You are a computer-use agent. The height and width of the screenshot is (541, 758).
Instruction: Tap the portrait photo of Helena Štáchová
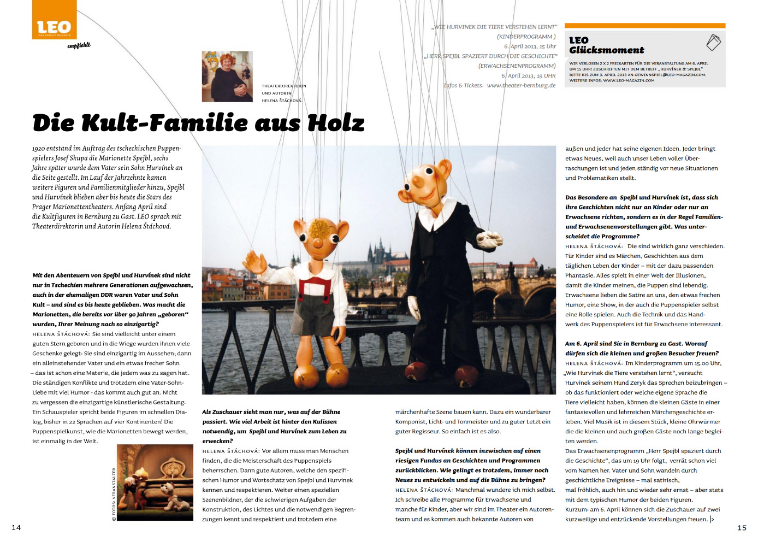(x=227, y=77)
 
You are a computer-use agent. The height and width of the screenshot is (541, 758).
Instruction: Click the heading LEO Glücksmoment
(x=606, y=45)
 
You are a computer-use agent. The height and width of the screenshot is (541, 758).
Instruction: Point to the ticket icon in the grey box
(x=713, y=42)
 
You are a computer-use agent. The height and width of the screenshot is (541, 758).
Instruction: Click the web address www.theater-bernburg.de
(x=521, y=85)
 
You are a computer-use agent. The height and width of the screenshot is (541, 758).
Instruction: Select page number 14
(x=16, y=527)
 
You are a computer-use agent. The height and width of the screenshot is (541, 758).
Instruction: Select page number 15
(x=742, y=527)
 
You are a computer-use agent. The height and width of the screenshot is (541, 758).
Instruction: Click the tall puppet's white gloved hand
(x=490, y=238)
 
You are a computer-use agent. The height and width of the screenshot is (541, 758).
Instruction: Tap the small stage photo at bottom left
(x=155, y=482)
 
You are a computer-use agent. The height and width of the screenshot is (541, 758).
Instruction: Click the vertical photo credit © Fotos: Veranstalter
(x=114, y=494)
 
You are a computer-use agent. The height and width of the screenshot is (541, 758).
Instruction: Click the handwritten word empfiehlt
(x=79, y=45)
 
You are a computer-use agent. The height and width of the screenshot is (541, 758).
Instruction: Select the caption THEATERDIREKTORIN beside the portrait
(x=284, y=86)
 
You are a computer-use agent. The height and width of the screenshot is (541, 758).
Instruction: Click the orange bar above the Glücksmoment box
(x=644, y=26)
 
